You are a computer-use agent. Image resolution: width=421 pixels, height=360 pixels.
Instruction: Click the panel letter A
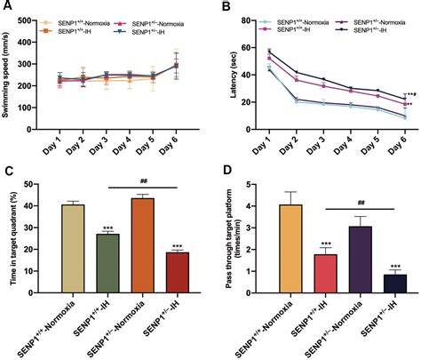[x=6, y=6]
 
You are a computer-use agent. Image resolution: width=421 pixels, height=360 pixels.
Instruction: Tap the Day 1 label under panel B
[x=267, y=136]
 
